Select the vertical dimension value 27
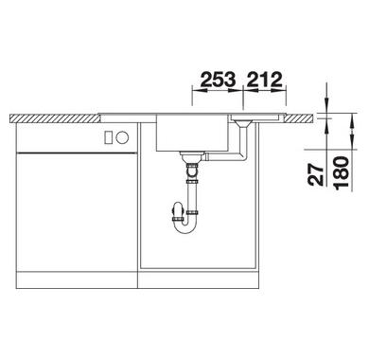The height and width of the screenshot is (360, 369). (316, 174)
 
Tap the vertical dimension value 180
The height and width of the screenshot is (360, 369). (343, 173)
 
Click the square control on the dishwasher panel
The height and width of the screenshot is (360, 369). (109, 137)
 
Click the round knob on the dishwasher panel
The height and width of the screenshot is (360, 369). (122, 137)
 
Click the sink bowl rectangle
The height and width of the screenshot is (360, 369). (191, 133)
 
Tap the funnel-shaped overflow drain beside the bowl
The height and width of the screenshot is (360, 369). (243, 123)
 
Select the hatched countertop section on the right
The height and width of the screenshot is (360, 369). (299, 118)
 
